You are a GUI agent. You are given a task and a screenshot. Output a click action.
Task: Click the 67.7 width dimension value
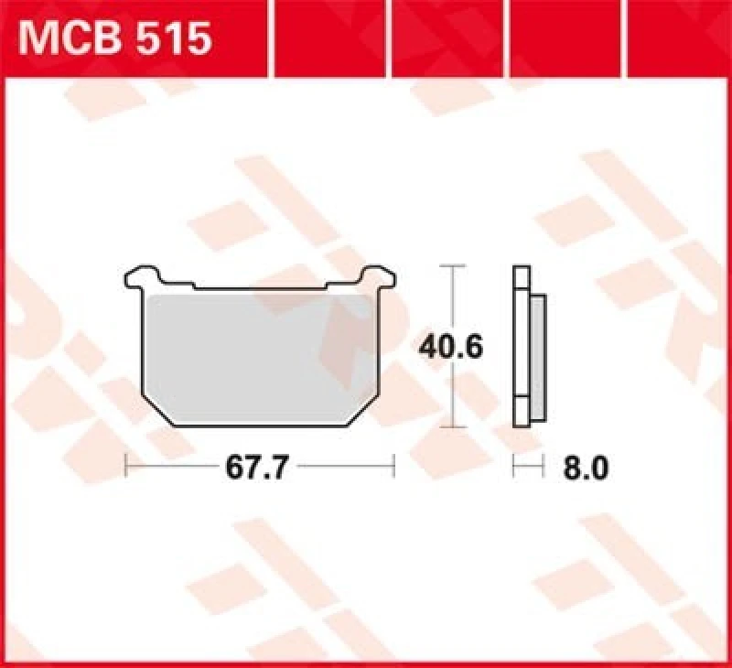pyautogui.click(x=258, y=468)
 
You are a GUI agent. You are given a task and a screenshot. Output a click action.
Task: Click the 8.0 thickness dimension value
pyautogui.click(x=586, y=468)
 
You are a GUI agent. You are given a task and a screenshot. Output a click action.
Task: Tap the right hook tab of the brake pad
pyautogui.click(x=378, y=275)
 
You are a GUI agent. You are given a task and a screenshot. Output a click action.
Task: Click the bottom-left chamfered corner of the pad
pyautogui.click(x=157, y=410)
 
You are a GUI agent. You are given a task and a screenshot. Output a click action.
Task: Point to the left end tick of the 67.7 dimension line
pyautogui.click(x=125, y=468)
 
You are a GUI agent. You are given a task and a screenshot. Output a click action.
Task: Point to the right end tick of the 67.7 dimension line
pyautogui.click(x=393, y=468)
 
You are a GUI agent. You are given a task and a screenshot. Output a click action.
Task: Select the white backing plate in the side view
pyautogui.click(x=522, y=348)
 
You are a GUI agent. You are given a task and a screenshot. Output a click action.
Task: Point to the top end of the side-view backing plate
pyautogui.click(x=522, y=268)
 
